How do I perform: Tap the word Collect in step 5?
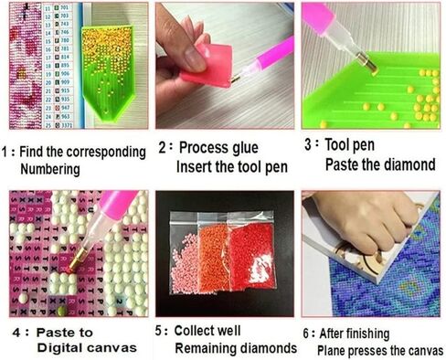pyautogui.click(x=200, y=330)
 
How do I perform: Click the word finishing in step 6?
pyautogui.click(x=377, y=334)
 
